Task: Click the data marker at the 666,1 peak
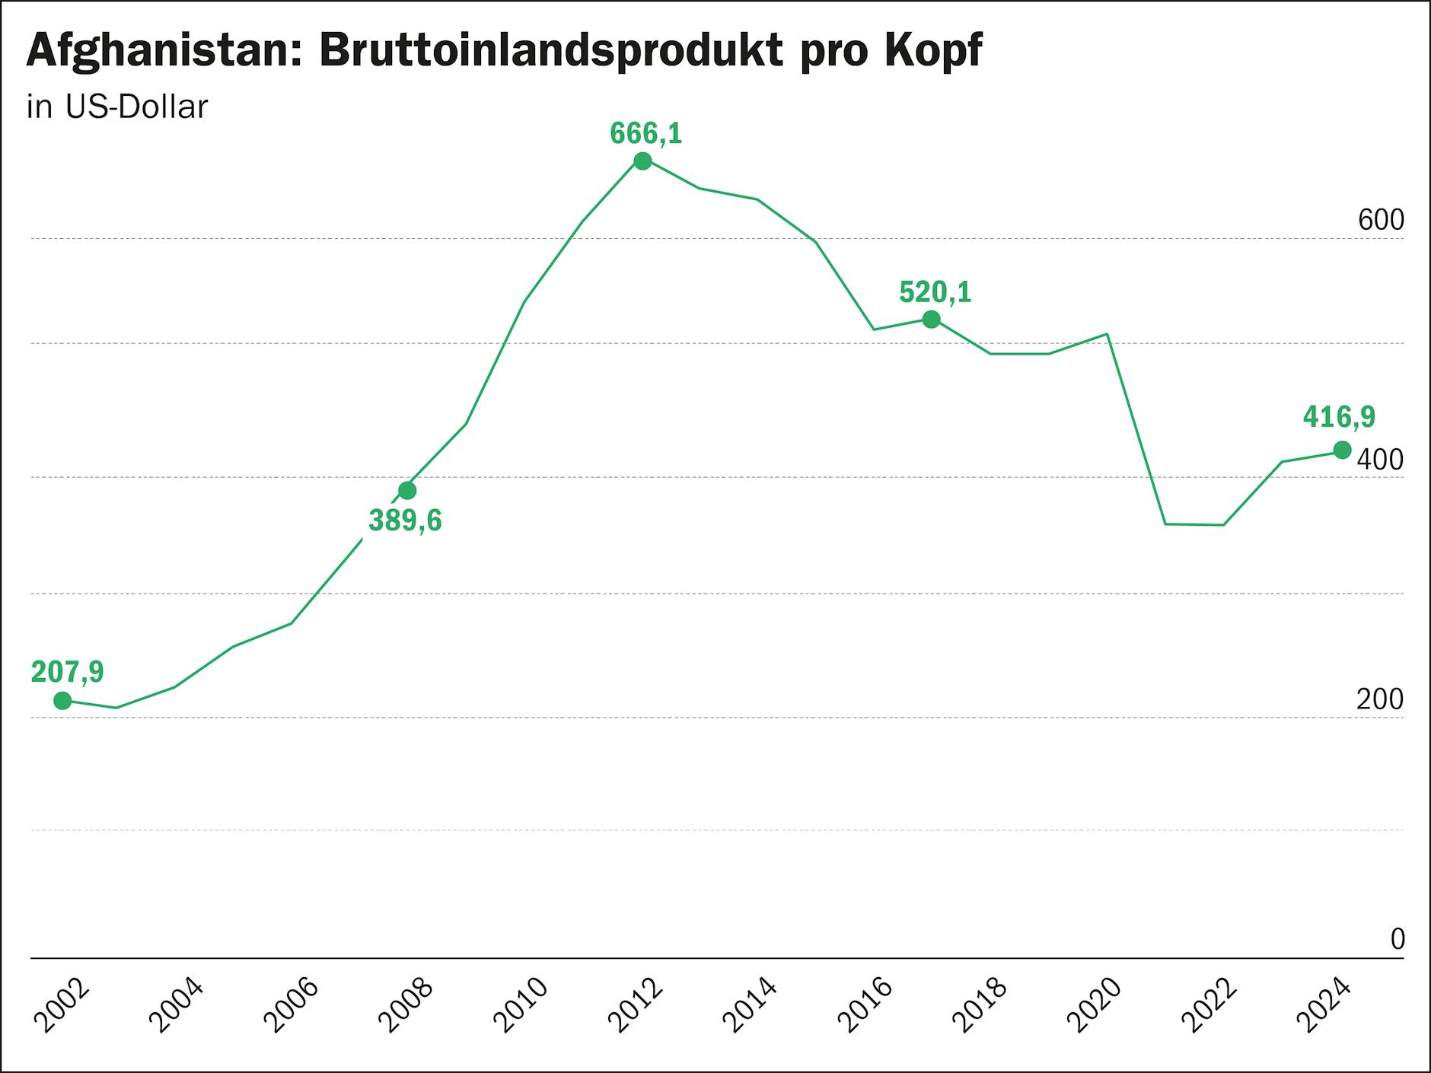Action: (x=642, y=161)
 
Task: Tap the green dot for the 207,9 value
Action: (x=62, y=701)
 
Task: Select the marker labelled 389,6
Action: (x=407, y=490)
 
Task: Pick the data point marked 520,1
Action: (x=931, y=320)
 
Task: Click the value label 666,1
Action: (x=645, y=134)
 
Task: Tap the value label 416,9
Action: (x=1339, y=417)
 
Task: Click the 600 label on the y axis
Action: (x=1381, y=221)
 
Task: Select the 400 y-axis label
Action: (x=1381, y=460)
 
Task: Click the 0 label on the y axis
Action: (x=1398, y=940)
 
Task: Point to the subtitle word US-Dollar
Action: (x=136, y=107)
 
